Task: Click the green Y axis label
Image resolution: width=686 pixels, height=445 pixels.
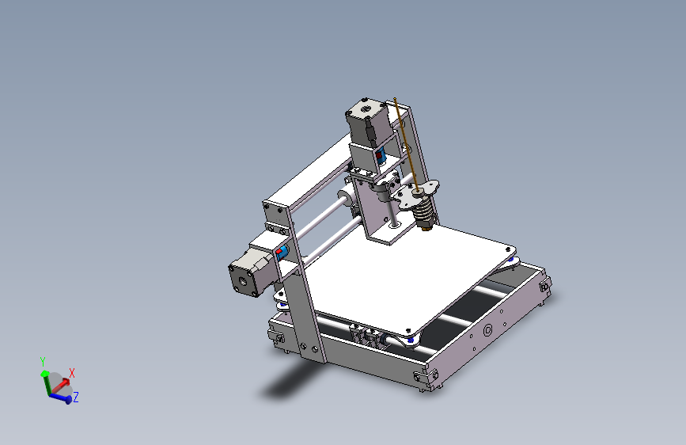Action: tap(43, 362)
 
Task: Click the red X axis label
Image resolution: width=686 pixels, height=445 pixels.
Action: tap(72, 372)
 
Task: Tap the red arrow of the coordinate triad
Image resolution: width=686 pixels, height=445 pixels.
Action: tap(61, 382)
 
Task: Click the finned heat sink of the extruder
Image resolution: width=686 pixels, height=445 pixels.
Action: tap(424, 210)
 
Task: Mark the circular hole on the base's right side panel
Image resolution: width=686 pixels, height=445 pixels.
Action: tap(488, 329)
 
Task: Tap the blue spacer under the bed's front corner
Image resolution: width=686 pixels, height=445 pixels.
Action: tap(410, 340)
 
